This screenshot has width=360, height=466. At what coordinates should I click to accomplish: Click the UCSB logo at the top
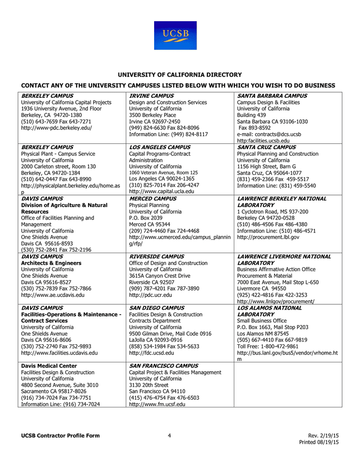point(175,35)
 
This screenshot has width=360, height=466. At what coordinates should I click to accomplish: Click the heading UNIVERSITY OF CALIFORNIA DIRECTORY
point(179,75)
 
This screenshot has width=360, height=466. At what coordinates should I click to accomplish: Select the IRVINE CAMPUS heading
point(151,96)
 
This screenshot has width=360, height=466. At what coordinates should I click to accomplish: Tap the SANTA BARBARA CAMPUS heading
point(272,96)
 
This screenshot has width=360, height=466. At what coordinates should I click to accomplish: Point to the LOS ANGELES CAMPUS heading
point(159,148)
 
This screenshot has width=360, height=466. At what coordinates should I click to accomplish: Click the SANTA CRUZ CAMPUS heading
point(266,148)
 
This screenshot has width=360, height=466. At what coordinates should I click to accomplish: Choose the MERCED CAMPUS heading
point(153,199)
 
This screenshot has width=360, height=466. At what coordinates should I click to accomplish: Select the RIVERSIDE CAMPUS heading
point(156,256)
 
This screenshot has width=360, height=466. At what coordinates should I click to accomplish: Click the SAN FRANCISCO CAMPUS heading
point(163,366)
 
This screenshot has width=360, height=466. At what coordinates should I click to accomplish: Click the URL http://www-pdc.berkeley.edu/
point(56,128)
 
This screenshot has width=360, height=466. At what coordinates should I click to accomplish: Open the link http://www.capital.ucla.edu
point(161,192)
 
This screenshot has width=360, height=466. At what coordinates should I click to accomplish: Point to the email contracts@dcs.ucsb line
point(269,134)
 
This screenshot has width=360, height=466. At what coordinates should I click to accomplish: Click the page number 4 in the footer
point(170,436)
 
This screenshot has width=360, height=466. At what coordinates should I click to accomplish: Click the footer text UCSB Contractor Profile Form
point(61,436)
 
